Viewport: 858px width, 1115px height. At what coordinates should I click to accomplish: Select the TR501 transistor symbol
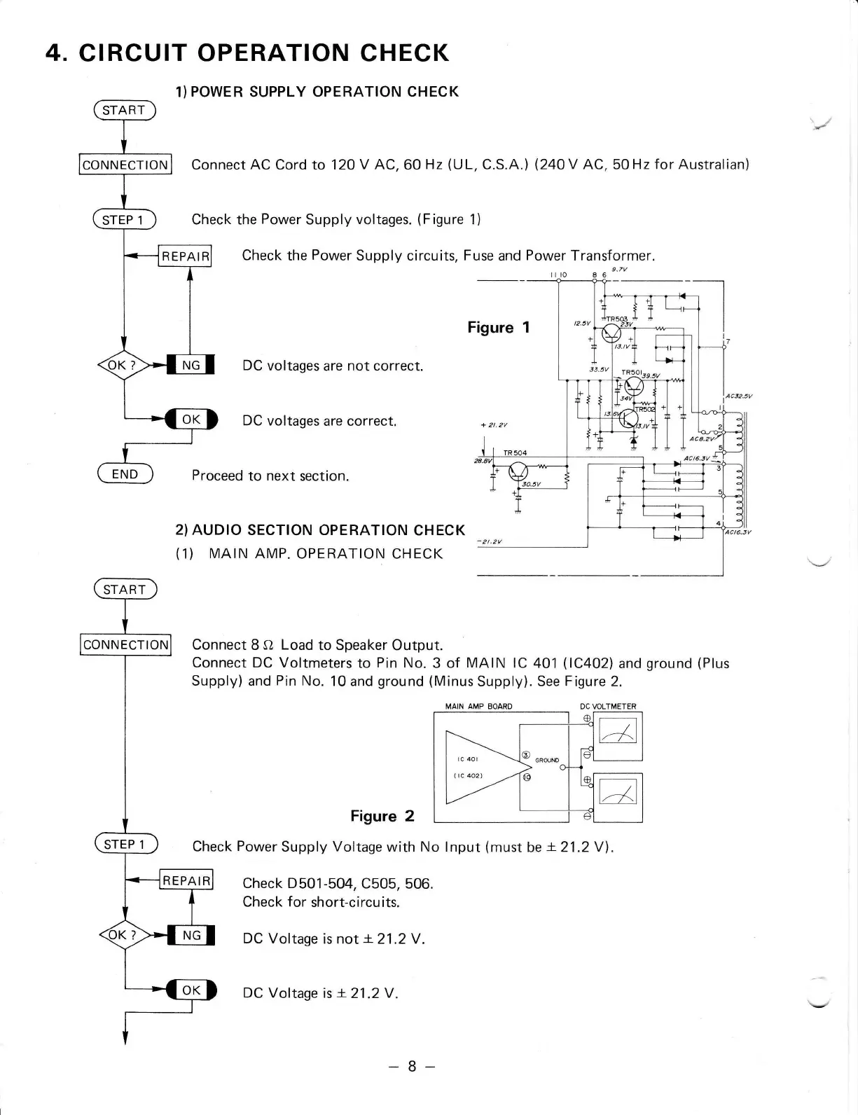tap(634, 385)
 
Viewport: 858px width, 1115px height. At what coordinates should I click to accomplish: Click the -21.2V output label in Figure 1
tap(491, 541)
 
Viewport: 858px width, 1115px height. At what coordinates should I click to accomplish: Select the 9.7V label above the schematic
tap(618, 269)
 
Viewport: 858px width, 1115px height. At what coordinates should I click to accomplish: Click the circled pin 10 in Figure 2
tap(527, 777)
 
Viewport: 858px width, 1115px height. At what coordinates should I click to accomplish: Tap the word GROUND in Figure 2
tap(547, 760)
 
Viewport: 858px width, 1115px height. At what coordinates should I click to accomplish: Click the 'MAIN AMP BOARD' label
tap(478, 706)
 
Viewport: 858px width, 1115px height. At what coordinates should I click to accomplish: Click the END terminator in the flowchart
tap(125, 474)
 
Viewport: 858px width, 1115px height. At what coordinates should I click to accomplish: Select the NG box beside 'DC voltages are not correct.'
tap(191, 365)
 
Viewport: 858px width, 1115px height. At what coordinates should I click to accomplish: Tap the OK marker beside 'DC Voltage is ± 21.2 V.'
tap(191, 990)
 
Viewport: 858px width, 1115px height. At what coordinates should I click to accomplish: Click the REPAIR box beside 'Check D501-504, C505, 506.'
tap(186, 880)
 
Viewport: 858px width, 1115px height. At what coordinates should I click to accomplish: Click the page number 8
tap(412, 1066)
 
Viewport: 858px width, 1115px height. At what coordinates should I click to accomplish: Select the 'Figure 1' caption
tap(499, 327)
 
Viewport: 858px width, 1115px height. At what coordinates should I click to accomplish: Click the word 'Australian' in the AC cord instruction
tap(708, 165)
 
